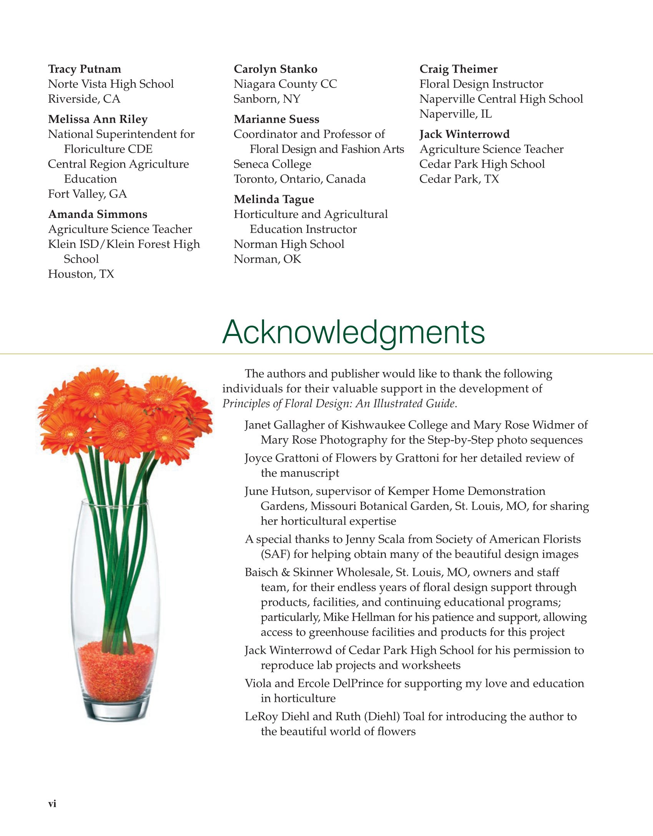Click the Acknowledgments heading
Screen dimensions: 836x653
354,332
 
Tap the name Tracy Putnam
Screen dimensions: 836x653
85,69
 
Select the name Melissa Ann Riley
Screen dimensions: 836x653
98,119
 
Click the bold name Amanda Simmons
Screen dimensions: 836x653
98,214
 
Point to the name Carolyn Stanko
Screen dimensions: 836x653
276,69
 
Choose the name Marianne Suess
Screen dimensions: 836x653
276,119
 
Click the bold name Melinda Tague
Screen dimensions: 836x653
274,199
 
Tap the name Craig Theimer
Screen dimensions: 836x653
459,69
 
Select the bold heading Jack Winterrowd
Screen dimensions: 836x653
464,134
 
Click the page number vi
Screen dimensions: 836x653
52,804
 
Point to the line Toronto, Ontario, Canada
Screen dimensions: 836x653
299,179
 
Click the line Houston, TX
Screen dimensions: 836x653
81,274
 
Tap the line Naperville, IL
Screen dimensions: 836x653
455,114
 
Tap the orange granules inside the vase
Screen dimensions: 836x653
115,673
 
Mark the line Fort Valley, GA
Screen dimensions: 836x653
87,194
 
